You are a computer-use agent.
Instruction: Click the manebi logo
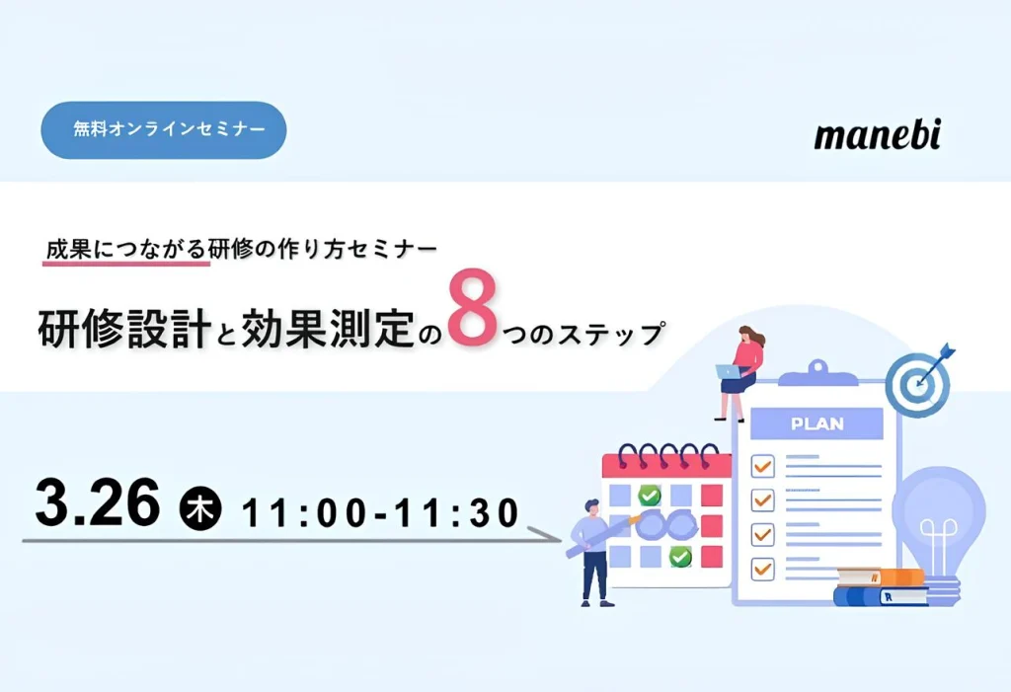[x=878, y=134]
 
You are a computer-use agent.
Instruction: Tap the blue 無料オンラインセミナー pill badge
[x=164, y=129]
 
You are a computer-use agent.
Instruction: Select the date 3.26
[x=98, y=503]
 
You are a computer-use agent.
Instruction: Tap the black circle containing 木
[x=199, y=508]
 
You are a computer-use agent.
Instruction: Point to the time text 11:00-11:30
[x=380, y=512]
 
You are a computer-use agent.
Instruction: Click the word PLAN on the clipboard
[x=817, y=423]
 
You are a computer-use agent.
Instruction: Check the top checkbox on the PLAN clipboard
[x=763, y=466]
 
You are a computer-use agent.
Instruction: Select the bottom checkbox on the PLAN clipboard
[x=763, y=569]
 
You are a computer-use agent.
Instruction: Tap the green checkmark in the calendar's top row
[x=649, y=496]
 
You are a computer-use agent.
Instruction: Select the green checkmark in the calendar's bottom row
[x=679, y=556]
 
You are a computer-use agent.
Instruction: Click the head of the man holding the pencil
[x=592, y=507]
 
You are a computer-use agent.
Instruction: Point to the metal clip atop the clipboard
[x=817, y=374]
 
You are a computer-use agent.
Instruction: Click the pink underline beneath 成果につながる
[x=126, y=263]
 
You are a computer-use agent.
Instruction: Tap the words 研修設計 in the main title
[x=125, y=329]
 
